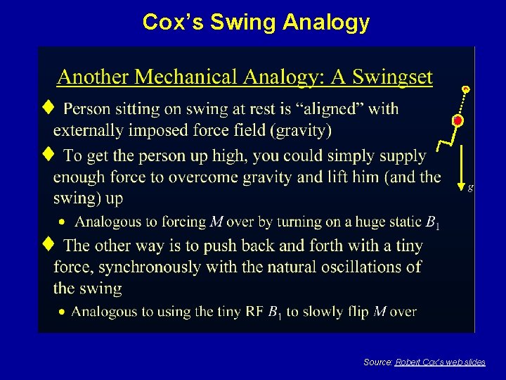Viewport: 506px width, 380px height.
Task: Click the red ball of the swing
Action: pyautogui.click(x=458, y=122)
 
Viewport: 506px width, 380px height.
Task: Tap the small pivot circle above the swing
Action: pyautogui.click(x=465, y=89)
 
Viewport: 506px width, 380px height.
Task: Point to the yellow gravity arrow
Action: pyautogui.click(x=460, y=165)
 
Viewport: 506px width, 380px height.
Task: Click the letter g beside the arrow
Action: pyautogui.click(x=470, y=187)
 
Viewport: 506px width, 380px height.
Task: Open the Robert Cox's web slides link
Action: pyautogui.click(x=440, y=362)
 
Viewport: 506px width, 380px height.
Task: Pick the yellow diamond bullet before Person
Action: pyautogui.click(x=47, y=108)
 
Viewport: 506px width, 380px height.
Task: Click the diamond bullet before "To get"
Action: pyautogui.click(x=47, y=154)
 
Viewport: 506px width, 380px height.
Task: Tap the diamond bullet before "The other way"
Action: pyautogui.click(x=47, y=244)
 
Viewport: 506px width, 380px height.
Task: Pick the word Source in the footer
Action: pyautogui.click(x=377, y=362)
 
